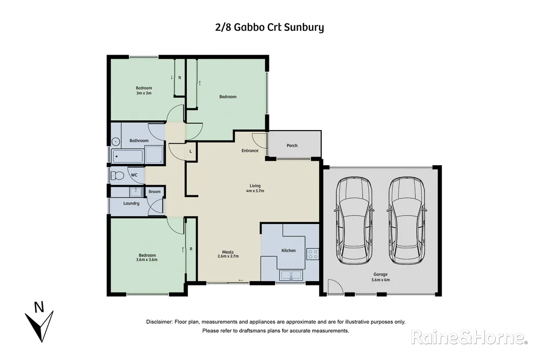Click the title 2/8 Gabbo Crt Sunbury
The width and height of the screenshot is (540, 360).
tap(269, 26)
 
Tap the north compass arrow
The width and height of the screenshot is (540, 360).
tap(39, 322)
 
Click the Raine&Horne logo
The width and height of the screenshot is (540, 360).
tap(469, 338)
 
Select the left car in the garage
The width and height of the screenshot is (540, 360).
tap(354, 220)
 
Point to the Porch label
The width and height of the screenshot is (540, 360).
tap(292, 146)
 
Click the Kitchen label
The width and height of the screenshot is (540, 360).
tap(289, 250)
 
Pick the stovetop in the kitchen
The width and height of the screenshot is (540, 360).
tap(313, 254)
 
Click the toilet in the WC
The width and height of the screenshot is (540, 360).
tap(117, 175)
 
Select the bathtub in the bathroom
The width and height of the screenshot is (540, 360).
tap(128, 156)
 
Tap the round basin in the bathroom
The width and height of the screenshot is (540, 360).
tap(115, 141)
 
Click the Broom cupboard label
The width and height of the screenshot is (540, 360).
tap(154, 192)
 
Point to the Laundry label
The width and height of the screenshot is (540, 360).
tap(131, 203)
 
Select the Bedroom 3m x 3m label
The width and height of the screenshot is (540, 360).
tap(144, 90)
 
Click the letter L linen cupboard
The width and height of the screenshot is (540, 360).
tap(191, 152)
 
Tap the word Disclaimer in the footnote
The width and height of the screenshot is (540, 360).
tap(159, 322)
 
